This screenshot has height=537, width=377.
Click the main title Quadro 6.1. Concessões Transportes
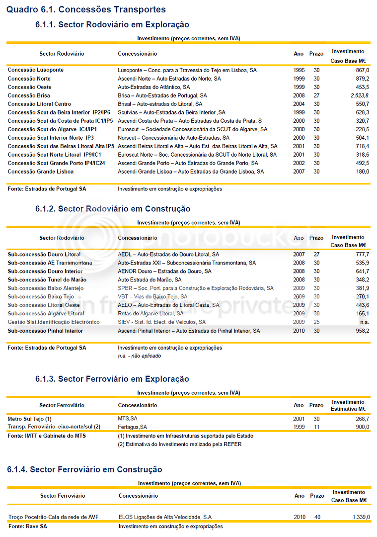(x=86, y=9)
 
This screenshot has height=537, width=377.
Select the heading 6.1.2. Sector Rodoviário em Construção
(x=113, y=209)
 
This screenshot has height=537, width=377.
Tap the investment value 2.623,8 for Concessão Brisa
(x=359, y=95)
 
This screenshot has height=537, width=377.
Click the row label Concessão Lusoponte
(x=36, y=70)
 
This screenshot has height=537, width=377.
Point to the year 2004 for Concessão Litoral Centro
(x=299, y=104)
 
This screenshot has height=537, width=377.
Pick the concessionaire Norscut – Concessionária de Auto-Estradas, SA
(x=173, y=138)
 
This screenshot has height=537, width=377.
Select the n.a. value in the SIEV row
(x=364, y=322)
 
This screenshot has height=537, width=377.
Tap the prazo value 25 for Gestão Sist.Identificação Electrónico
(x=316, y=322)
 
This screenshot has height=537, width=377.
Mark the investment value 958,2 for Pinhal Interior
(x=361, y=331)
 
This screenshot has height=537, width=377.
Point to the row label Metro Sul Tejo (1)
(x=30, y=419)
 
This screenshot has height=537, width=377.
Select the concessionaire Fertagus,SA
(x=133, y=427)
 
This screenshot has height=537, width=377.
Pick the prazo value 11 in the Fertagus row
(x=316, y=427)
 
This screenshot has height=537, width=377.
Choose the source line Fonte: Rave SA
(x=28, y=526)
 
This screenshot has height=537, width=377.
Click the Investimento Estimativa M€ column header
(x=348, y=405)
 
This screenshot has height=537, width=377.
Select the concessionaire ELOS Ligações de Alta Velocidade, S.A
(x=165, y=517)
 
